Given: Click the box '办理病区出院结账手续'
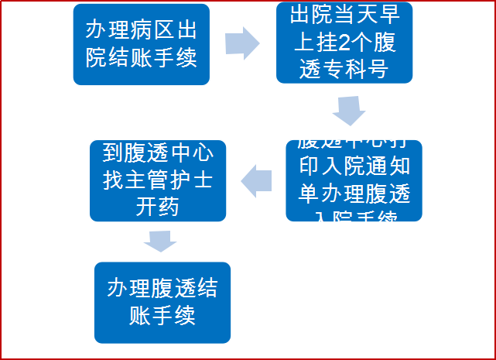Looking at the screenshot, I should pos(141,45).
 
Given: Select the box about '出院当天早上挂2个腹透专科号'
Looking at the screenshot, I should pos(344,43).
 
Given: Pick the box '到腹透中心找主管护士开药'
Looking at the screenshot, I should pos(158,180).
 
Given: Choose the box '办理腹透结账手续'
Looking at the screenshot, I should pos(162,302).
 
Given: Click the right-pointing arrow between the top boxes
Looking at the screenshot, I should pos(242,43).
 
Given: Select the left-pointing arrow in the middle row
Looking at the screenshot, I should pos(258,182).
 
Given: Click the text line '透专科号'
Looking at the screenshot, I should pos(343,68).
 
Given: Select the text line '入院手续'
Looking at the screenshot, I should pos(354,221).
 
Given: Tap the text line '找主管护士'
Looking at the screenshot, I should pos(158,180).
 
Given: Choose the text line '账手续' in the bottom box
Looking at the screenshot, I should pos(162,315).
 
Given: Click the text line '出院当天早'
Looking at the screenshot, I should pos(343,15).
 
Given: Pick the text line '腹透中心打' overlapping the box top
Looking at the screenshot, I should pos(354,140).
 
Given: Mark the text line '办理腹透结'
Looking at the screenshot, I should pos(162,289).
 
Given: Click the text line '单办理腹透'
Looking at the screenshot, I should pos(354,194).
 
